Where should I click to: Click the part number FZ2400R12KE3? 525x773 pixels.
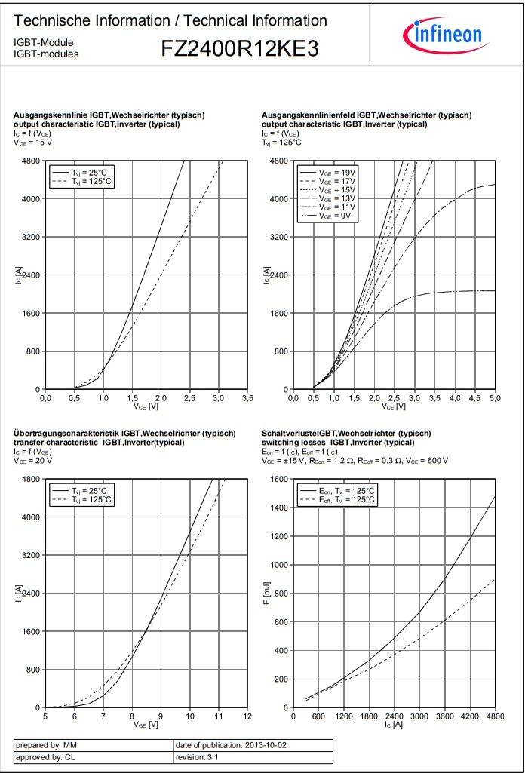click(x=240, y=49)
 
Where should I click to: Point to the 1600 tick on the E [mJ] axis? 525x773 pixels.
click(x=278, y=480)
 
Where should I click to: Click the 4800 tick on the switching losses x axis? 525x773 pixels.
click(x=495, y=716)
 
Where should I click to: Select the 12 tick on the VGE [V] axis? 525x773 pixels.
click(x=247, y=716)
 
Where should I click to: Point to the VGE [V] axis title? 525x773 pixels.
click(x=146, y=725)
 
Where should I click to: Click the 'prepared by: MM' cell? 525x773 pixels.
click(x=93, y=746)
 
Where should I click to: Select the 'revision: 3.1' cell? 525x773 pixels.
click(x=252, y=759)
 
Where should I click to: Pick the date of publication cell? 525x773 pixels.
click(x=252, y=746)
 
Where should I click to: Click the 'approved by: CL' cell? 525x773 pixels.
click(x=93, y=759)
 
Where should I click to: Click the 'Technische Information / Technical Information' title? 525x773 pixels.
click(x=170, y=21)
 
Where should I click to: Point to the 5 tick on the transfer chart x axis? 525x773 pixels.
click(x=46, y=716)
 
